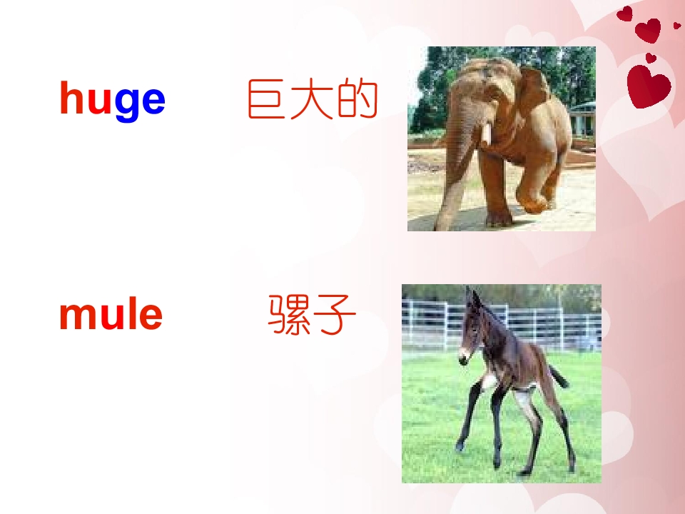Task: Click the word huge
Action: click(x=112, y=100)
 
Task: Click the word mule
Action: click(x=111, y=315)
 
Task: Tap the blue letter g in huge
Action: click(x=127, y=103)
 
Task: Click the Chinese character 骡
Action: click(x=289, y=316)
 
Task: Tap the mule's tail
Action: click(x=557, y=376)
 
